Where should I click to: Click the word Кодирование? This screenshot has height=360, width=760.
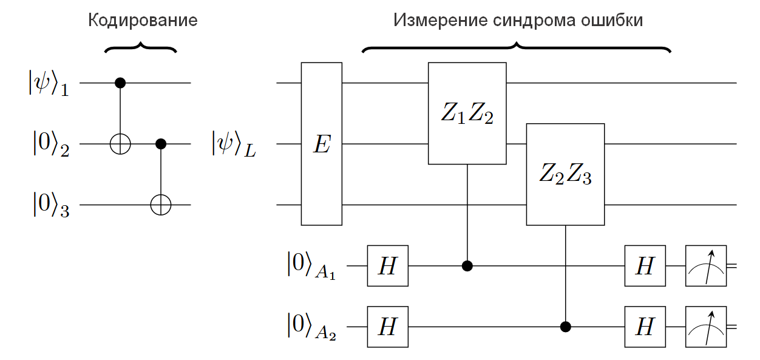[x=143, y=21]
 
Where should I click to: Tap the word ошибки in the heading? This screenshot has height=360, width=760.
[x=612, y=21]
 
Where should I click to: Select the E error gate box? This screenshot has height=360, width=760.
[x=322, y=144]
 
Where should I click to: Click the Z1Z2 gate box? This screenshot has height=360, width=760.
[x=467, y=114]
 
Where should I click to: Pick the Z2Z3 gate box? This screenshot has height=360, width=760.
[x=565, y=174]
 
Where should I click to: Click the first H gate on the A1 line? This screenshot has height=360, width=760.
[x=388, y=266]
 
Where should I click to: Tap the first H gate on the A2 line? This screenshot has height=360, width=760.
[x=388, y=327]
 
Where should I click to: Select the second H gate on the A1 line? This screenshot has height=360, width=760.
[x=645, y=266]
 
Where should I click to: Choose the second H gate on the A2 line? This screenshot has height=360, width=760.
[x=645, y=327]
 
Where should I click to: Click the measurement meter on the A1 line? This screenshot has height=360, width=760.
[x=706, y=266]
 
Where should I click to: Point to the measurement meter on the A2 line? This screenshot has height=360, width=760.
[x=706, y=327]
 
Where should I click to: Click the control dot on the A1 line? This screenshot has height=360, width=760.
[x=467, y=266]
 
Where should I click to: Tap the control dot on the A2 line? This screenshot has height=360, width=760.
[x=565, y=327]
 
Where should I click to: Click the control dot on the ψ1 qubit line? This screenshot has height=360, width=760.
[x=120, y=83]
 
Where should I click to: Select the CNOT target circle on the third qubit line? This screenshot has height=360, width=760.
[x=161, y=205]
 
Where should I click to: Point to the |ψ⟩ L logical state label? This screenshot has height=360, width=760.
[x=234, y=144]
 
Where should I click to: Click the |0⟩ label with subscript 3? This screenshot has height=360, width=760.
[x=51, y=204]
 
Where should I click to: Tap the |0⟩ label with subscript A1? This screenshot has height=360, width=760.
[x=311, y=266]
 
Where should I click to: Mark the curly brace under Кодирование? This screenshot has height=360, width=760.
[x=140, y=47]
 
